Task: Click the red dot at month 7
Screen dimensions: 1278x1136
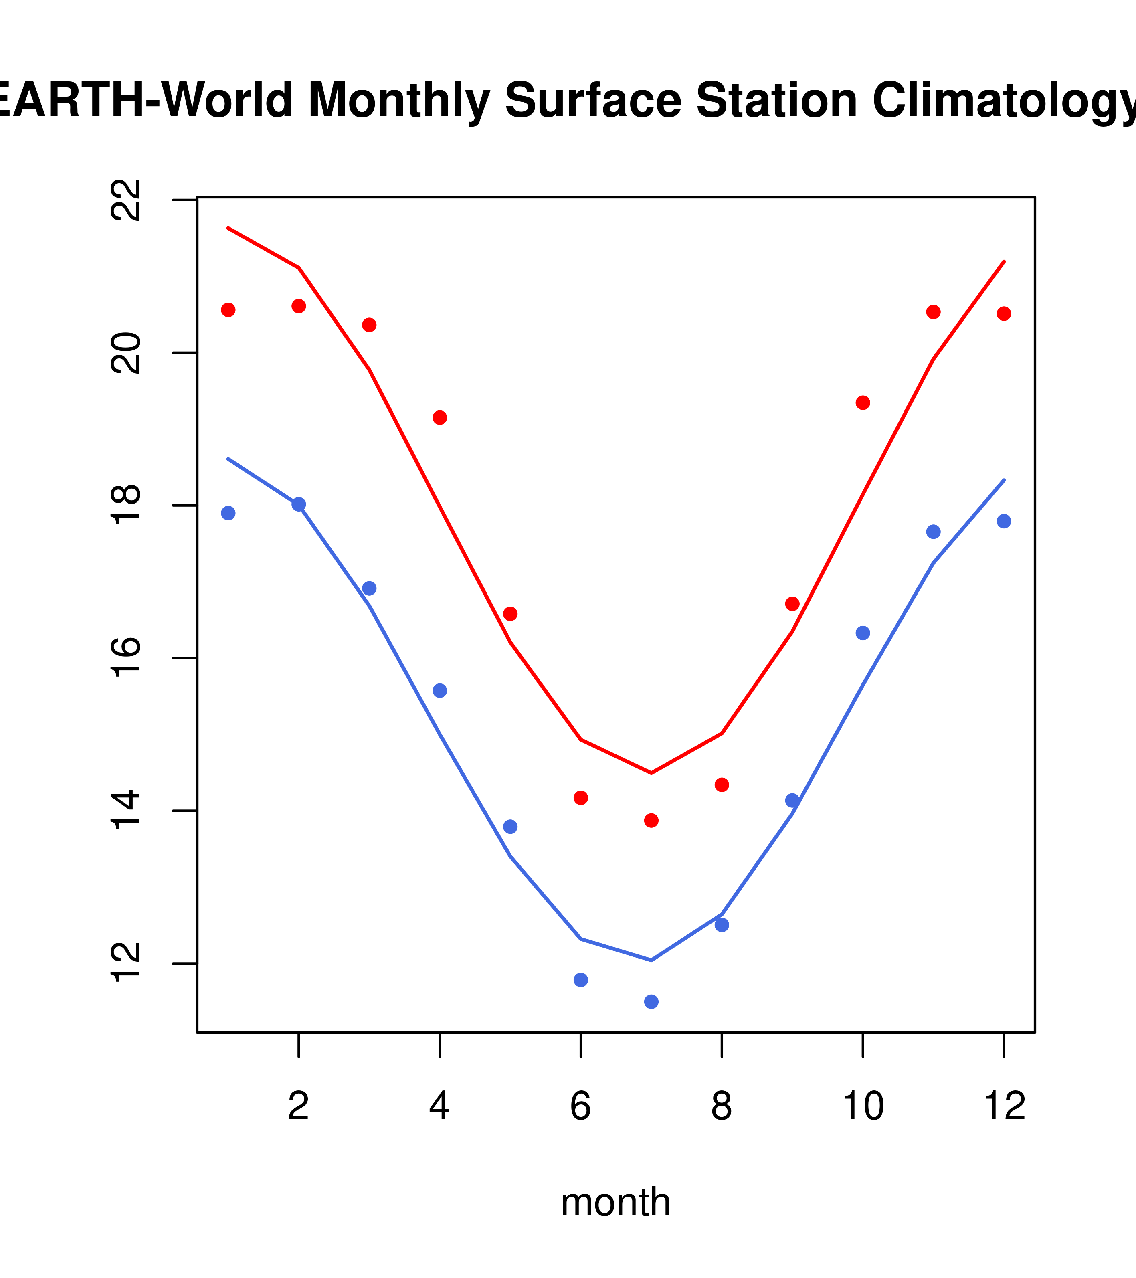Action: tap(651, 820)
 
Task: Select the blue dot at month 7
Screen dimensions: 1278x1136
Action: tap(651, 1002)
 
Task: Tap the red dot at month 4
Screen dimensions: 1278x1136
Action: tap(439, 418)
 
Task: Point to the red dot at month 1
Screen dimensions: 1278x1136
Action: tap(228, 310)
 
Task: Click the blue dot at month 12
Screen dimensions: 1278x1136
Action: tap(1003, 522)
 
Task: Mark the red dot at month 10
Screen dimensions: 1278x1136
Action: tap(863, 402)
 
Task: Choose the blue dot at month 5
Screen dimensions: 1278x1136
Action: tap(510, 827)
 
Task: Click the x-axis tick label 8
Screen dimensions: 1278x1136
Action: tap(722, 1107)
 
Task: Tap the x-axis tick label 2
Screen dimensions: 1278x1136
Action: tap(299, 1107)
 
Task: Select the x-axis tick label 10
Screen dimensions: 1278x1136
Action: tap(863, 1107)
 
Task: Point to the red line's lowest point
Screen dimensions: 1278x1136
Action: tap(651, 773)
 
